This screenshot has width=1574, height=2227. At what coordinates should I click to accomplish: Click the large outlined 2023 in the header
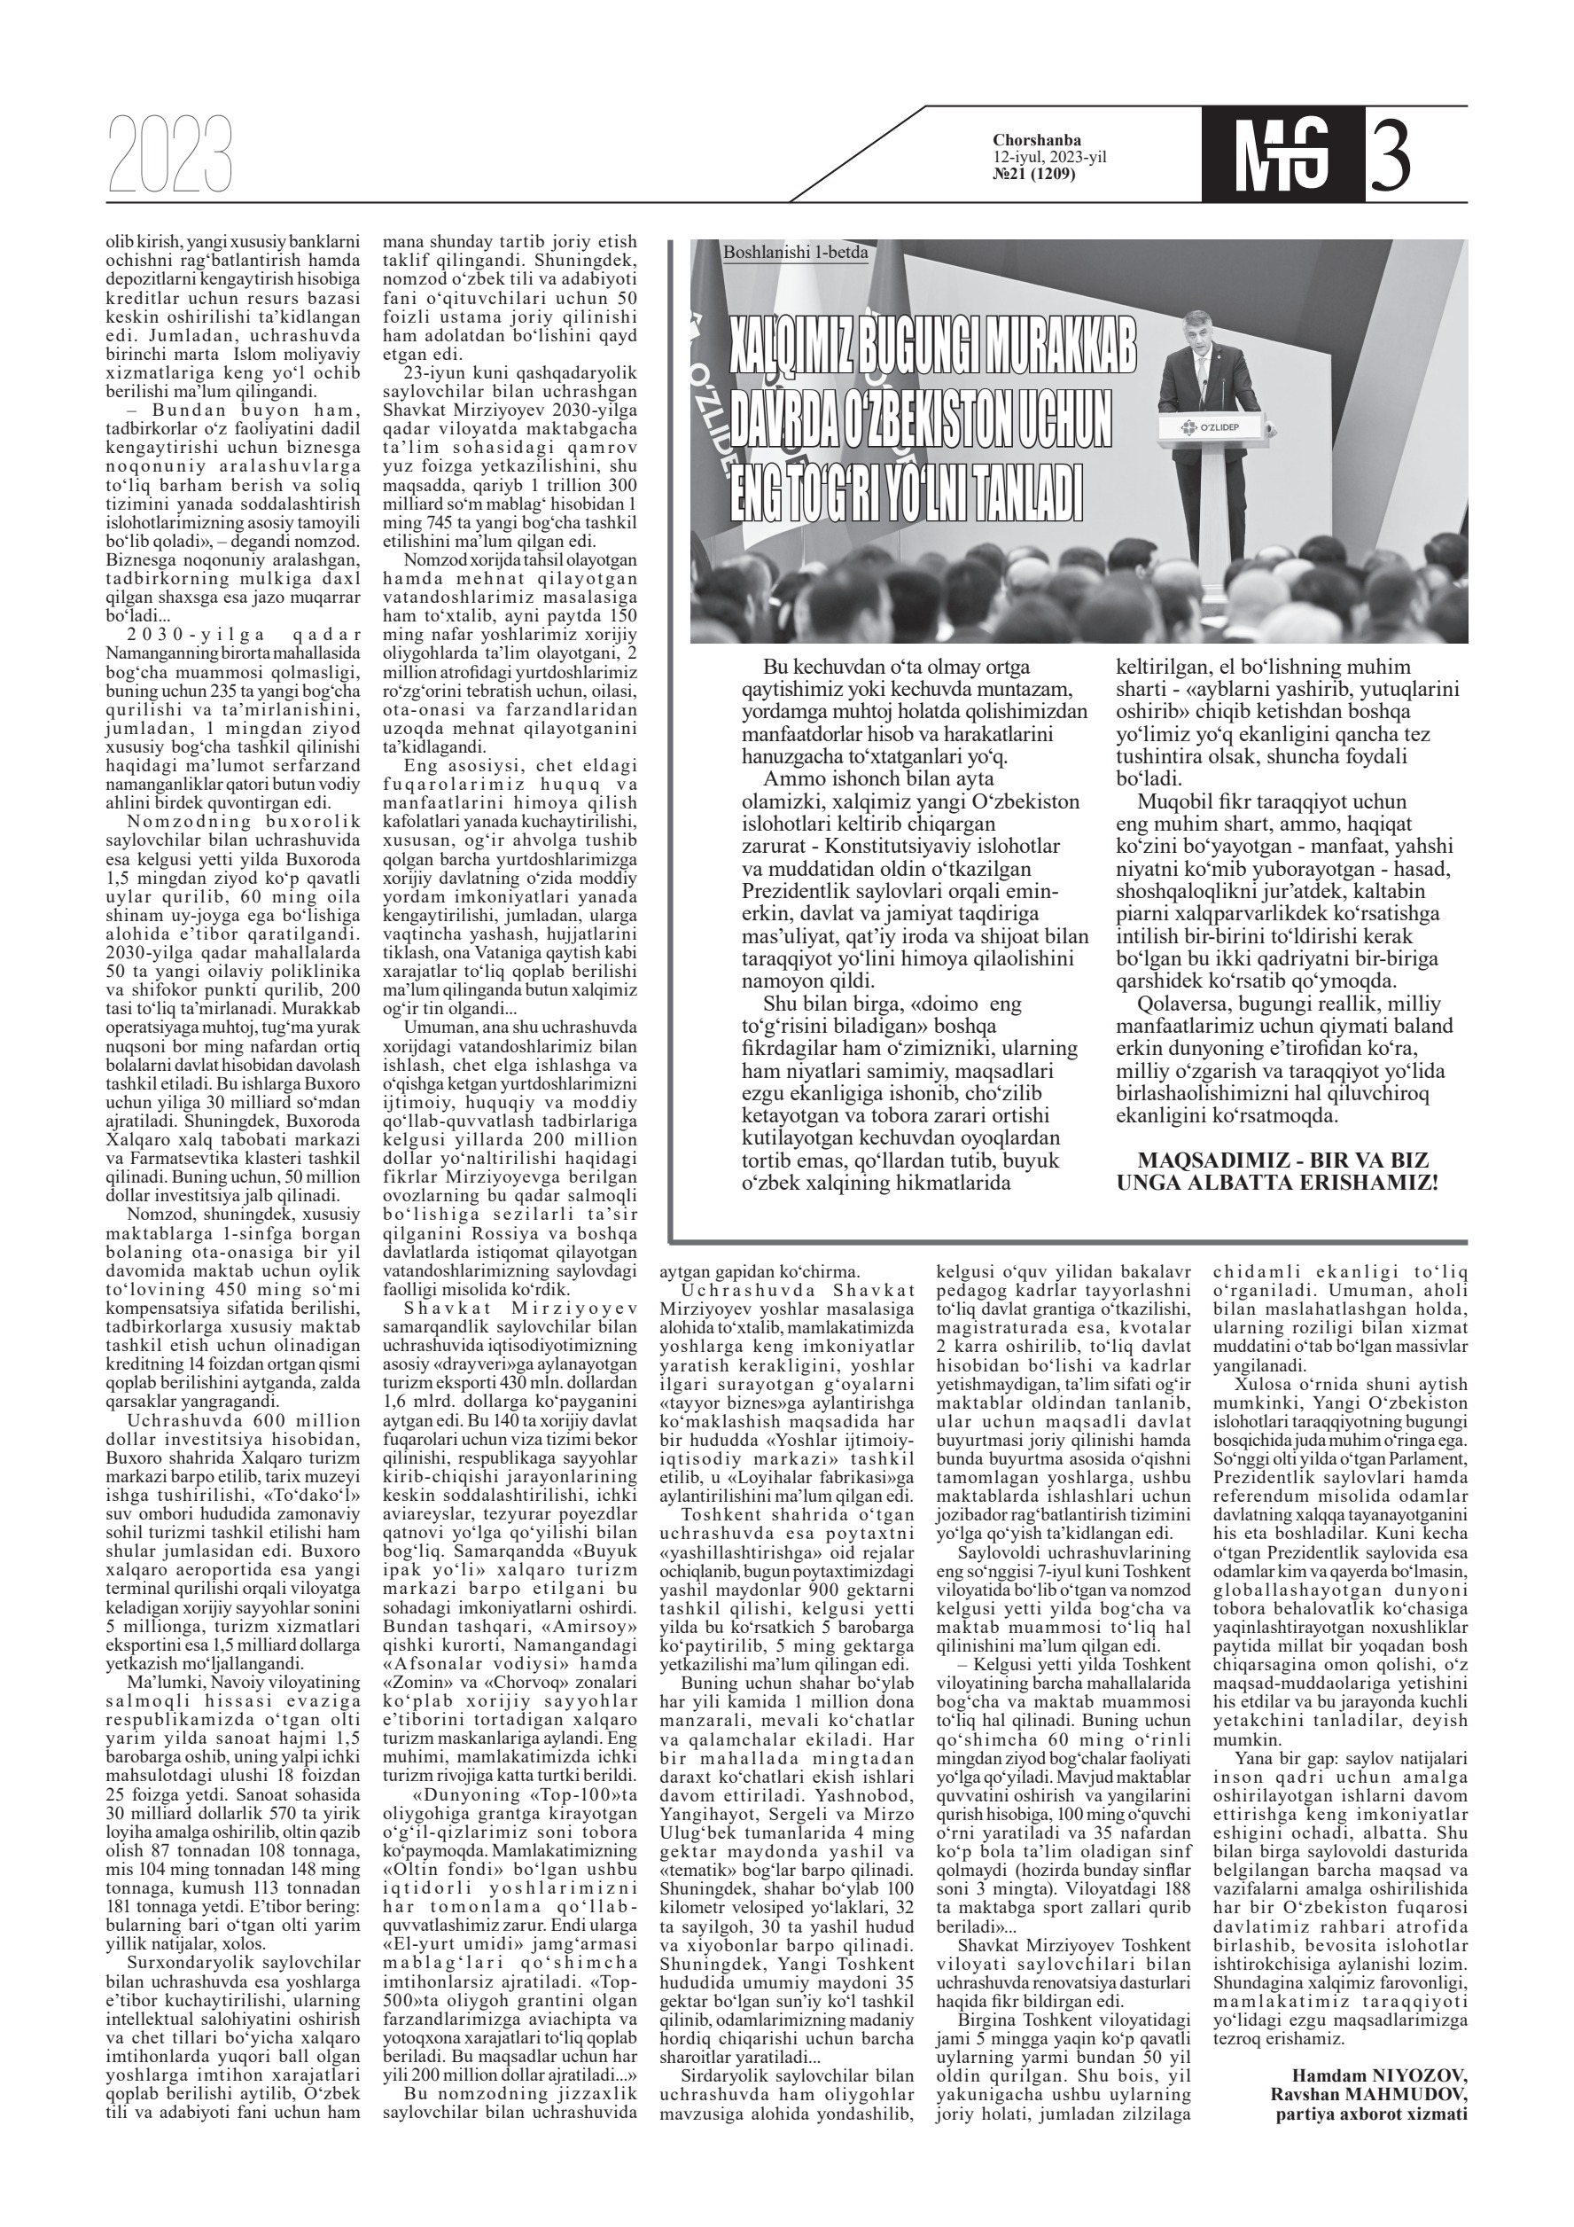[x=171, y=154]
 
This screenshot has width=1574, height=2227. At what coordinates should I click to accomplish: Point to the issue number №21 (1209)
[x=1033, y=174]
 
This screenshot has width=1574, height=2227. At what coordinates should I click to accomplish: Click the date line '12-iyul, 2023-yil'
[x=1049, y=157]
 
